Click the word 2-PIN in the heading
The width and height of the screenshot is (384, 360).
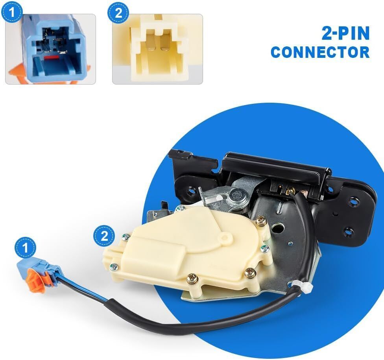point(345,33)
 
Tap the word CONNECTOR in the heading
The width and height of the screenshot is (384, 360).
point(320,52)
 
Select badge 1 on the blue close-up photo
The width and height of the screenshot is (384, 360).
point(12,13)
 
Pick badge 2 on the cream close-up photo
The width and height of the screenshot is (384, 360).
point(118,13)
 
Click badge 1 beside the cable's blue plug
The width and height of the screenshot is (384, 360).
point(25,248)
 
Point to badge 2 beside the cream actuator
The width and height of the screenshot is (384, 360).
point(104,236)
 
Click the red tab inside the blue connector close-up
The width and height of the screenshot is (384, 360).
point(52,57)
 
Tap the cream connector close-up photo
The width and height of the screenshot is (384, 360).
point(157,49)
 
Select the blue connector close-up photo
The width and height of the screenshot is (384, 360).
point(50,49)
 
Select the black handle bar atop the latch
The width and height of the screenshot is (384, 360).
point(277,166)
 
